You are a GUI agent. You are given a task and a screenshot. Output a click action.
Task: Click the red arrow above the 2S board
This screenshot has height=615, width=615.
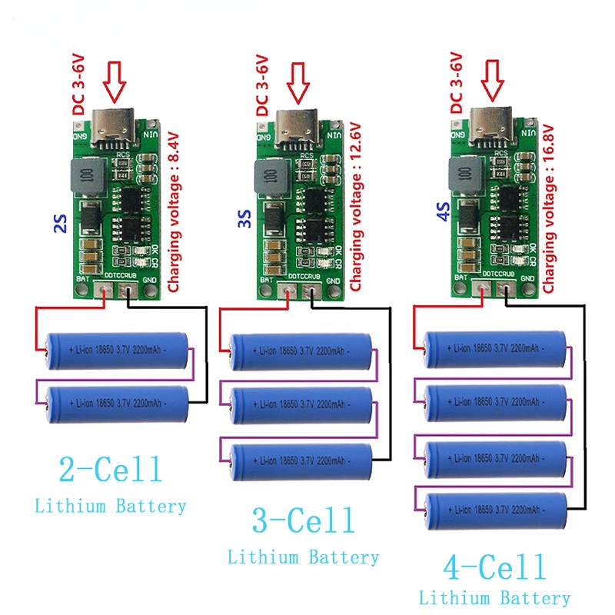tap(115, 83)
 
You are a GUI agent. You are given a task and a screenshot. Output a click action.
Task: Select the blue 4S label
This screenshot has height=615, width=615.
tap(444, 209)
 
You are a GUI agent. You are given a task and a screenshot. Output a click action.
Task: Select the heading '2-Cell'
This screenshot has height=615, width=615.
tap(111, 468)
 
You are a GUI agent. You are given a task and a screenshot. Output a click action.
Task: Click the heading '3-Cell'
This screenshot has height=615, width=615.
tap(304, 521)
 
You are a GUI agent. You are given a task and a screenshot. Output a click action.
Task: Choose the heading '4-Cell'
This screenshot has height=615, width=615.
tap(495, 568)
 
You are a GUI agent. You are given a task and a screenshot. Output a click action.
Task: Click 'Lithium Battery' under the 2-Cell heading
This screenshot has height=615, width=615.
tap(111, 506)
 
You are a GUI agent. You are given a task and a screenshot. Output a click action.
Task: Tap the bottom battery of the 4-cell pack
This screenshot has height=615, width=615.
tap(496, 508)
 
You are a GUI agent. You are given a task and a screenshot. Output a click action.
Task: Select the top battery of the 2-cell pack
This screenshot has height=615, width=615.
tap(117, 347)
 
